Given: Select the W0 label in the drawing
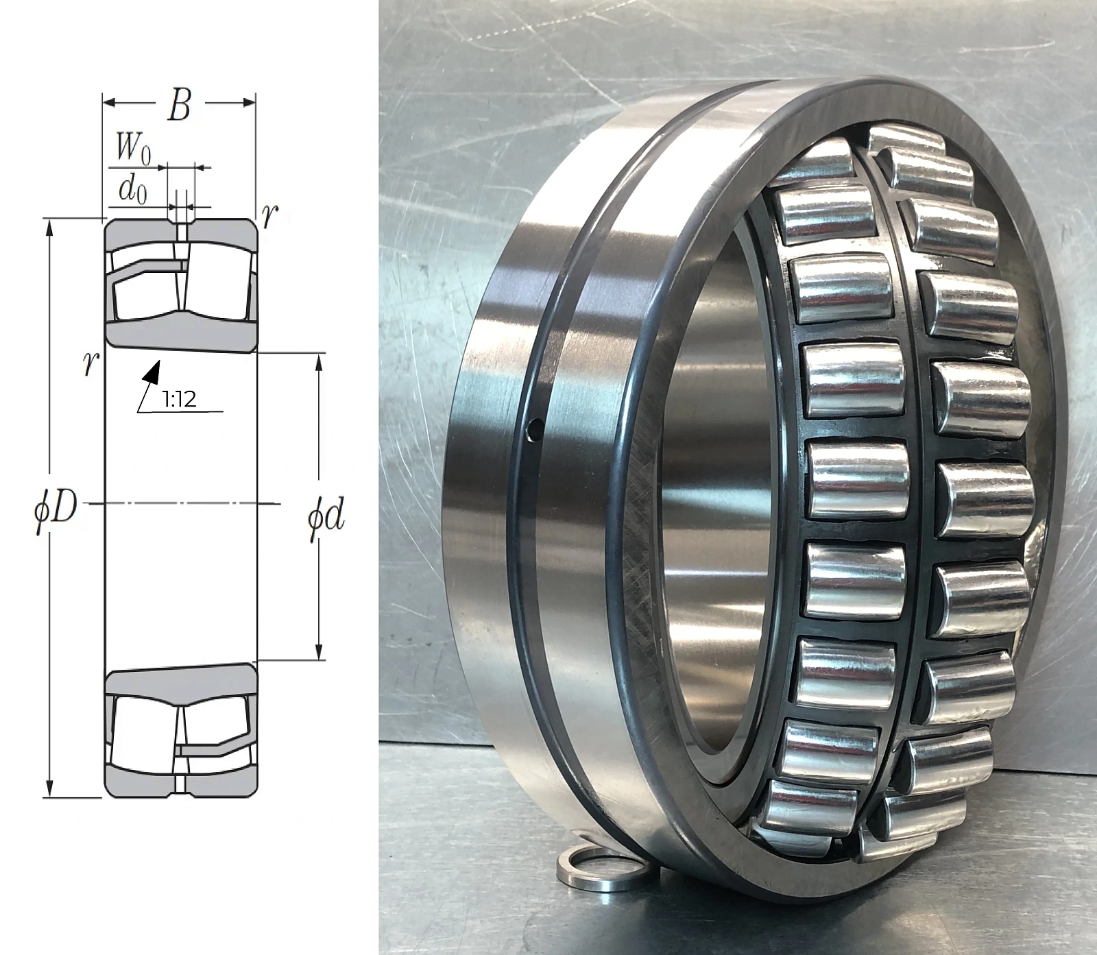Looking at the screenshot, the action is click(x=134, y=148).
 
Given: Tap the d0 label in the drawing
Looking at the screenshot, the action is click(x=132, y=190).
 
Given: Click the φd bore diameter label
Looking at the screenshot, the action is click(x=326, y=519).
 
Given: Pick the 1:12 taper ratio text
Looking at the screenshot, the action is click(x=179, y=399).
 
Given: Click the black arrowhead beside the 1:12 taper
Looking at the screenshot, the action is click(x=153, y=371).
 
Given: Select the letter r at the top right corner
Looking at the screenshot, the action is click(x=270, y=217).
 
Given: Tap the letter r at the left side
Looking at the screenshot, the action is click(x=88, y=365).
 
